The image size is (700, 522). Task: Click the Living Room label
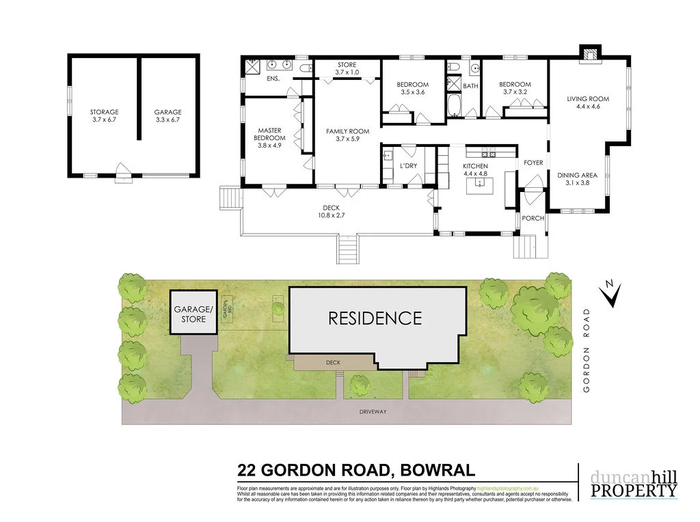tap(587, 98)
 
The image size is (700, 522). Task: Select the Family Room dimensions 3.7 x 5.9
tap(347, 139)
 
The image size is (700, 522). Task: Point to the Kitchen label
tap(475, 166)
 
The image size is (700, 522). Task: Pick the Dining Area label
tap(577, 175)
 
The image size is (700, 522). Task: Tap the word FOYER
tap(533, 163)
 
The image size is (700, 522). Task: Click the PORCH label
tap(533, 219)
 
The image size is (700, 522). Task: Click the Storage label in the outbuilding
tap(104, 112)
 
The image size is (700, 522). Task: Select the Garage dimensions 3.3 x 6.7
tap(167, 120)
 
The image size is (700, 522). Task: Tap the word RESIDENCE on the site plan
tap(375, 318)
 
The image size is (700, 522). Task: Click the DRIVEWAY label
tap(373, 411)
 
